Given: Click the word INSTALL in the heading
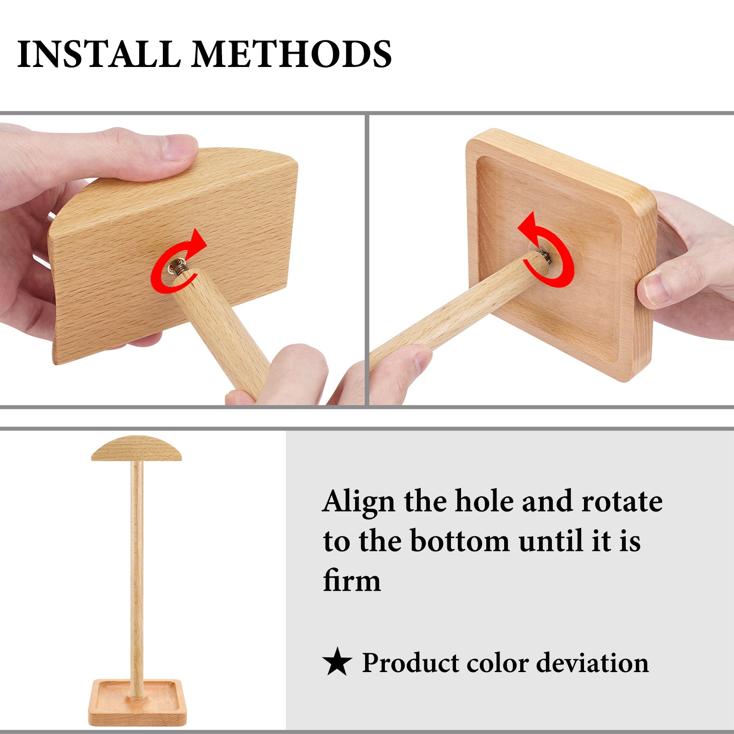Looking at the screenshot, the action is click(x=99, y=54).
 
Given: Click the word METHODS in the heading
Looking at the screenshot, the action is click(x=292, y=54).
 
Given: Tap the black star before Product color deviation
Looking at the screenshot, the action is click(x=337, y=662).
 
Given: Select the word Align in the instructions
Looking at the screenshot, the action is click(x=359, y=502).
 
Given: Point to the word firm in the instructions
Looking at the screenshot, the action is click(x=352, y=580).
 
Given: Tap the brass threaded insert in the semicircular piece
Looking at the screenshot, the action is click(x=177, y=267).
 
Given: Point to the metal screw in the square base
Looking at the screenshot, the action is click(x=545, y=257).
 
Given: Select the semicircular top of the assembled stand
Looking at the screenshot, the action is click(x=137, y=449).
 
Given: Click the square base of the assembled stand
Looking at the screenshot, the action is click(x=138, y=703).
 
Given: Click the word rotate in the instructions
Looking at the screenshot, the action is click(x=622, y=501).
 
